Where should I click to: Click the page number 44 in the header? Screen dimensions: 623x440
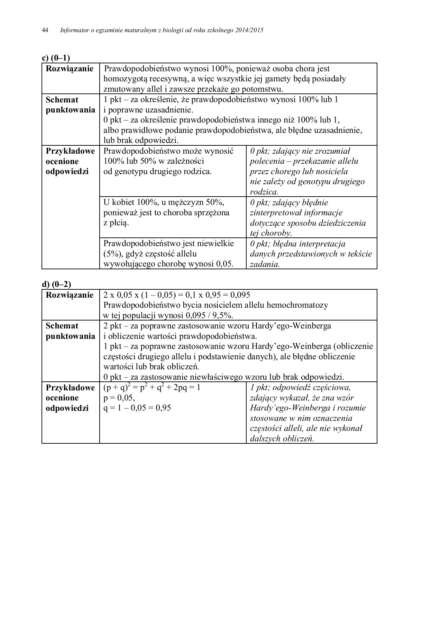pos(45,30)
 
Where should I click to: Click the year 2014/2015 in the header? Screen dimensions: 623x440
pos(249,30)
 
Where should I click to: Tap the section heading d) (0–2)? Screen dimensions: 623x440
pos(56,284)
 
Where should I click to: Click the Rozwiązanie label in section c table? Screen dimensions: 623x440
pos(70,69)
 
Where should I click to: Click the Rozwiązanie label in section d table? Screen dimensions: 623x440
pos(70,295)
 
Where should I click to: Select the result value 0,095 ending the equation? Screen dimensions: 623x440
pos(240,295)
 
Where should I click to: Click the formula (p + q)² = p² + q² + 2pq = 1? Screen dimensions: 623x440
pos(152,388)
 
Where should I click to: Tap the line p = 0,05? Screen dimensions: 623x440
pos(119,398)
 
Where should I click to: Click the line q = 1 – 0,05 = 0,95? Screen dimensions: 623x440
pos(137,408)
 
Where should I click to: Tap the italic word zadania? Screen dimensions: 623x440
pos(265,264)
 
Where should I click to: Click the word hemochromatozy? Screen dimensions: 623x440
pos(297,305)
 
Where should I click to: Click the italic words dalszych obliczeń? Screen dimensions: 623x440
pos(282,439)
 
